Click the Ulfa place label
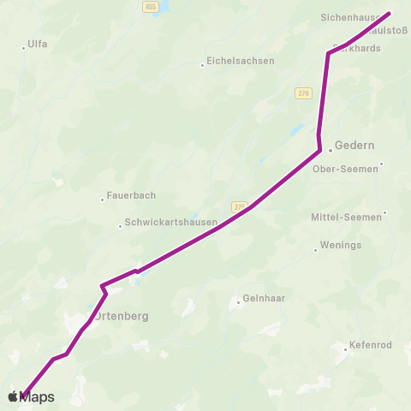[x=38, y=44]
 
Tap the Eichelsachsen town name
[x=241, y=61]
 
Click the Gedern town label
[x=355, y=146]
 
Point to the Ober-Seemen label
[x=346, y=169]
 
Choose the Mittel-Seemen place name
[x=346, y=217]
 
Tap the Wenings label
[x=341, y=246]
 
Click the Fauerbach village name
[x=131, y=195]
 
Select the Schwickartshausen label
[x=168, y=223]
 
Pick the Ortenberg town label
[x=121, y=316]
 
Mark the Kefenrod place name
[x=370, y=346]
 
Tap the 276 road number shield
[x=303, y=93]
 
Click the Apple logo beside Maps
[x=13, y=396]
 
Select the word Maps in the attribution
[x=38, y=397]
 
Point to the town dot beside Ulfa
[x=24, y=48]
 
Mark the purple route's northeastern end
[x=389, y=14]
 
